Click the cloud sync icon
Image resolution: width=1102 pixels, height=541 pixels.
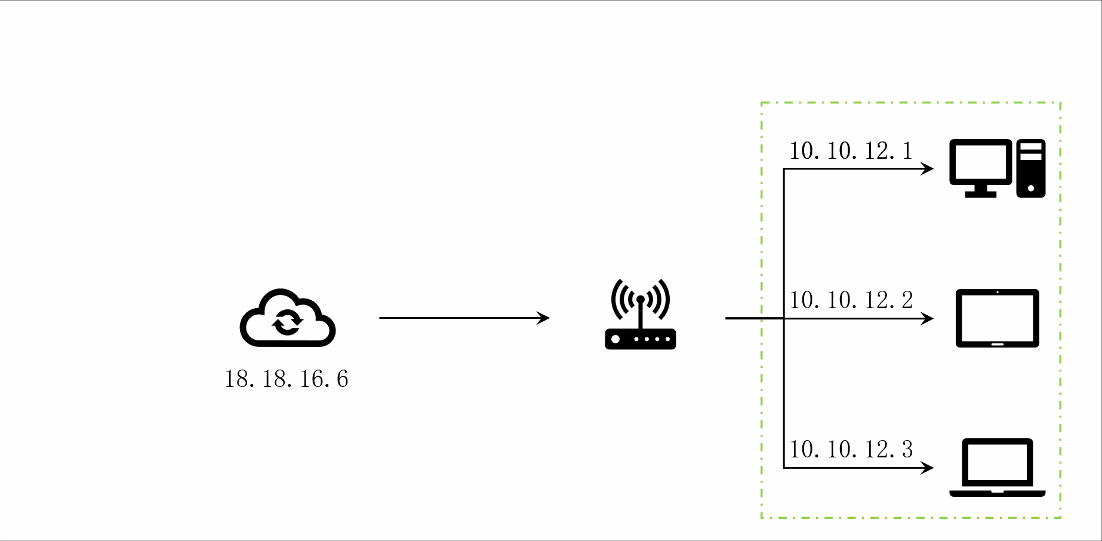tap(288, 318)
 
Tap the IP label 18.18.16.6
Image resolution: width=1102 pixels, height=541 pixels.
tap(287, 379)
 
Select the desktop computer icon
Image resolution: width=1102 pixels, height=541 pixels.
tap(997, 168)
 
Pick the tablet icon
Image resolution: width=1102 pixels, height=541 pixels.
tap(997, 318)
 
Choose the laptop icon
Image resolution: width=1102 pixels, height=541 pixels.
tap(997, 468)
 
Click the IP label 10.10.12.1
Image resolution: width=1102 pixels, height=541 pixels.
tap(851, 151)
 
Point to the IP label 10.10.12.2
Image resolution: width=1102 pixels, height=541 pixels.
tap(851, 300)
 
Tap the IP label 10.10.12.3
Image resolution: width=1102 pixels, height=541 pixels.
tap(851, 450)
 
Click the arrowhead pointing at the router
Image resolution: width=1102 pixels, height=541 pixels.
tap(544, 318)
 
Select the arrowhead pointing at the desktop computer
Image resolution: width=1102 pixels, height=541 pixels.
tap(928, 169)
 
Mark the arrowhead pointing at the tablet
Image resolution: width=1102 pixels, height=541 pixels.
tap(928, 318)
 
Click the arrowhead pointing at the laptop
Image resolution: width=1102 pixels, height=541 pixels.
tap(928, 468)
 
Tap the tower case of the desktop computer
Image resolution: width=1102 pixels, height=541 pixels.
tap(1031, 168)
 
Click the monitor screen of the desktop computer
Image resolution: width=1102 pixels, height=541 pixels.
tap(981, 162)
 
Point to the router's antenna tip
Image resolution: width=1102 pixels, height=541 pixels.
tap(641, 299)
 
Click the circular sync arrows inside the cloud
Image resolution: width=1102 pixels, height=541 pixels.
tap(288, 322)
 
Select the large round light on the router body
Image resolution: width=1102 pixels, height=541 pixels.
tap(615, 339)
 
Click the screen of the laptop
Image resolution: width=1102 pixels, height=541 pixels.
tap(997, 462)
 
